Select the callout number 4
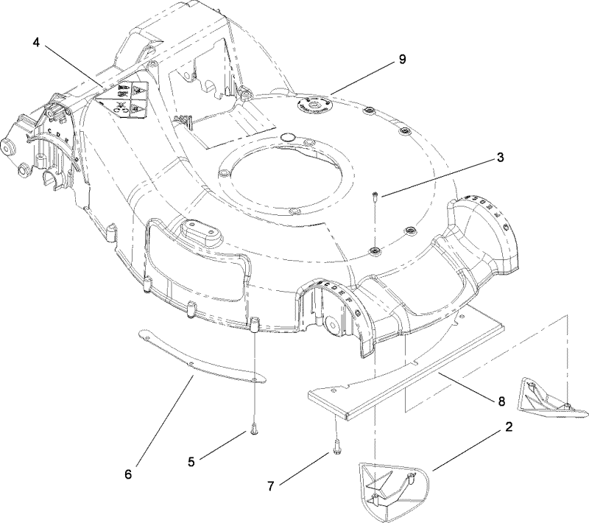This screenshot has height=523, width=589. click(x=36, y=42)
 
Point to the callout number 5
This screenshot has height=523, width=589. click(x=191, y=462)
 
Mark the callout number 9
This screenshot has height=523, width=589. click(x=402, y=60)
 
